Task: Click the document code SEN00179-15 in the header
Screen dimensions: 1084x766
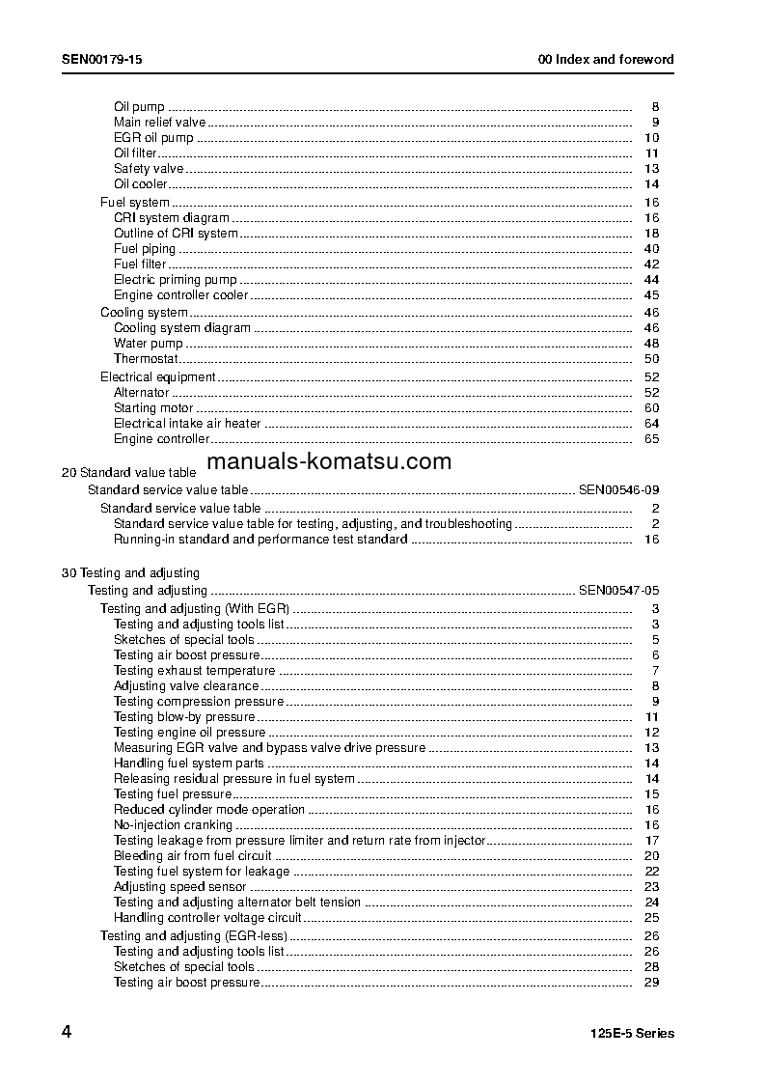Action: (x=102, y=59)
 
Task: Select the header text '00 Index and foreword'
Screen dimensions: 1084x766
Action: (x=606, y=59)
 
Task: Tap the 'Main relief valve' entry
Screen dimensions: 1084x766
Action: (x=159, y=123)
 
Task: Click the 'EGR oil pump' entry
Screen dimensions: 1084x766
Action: (x=153, y=138)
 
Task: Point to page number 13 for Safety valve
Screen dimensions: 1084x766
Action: (x=651, y=169)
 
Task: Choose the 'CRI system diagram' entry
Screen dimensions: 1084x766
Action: (x=172, y=218)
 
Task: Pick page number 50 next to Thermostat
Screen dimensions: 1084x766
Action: (x=651, y=359)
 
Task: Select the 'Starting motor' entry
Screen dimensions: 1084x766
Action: (x=153, y=408)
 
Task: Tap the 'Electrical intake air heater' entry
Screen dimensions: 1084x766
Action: (x=187, y=424)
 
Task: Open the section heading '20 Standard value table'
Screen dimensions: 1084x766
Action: (x=128, y=473)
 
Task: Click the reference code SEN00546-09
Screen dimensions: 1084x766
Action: (x=618, y=490)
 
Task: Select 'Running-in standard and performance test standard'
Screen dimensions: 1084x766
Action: (x=260, y=540)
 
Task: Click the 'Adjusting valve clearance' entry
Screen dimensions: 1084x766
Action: (x=186, y=686)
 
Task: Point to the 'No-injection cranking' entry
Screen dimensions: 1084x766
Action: (x=173, y=825)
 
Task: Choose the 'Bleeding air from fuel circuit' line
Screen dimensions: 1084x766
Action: (x=193, y=856)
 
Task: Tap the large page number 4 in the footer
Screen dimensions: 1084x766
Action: (x=66, y=1032)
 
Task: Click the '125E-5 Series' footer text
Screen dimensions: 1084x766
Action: (x=632, y=1034)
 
